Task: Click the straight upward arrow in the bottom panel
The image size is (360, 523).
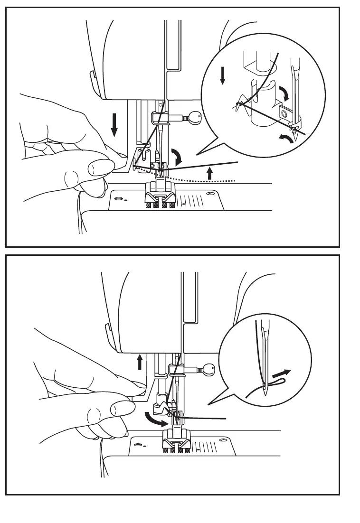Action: pyautogui.click(x=140, y=362)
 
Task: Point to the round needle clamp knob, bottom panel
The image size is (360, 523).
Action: pyautogui.click(x=208, y=368)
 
